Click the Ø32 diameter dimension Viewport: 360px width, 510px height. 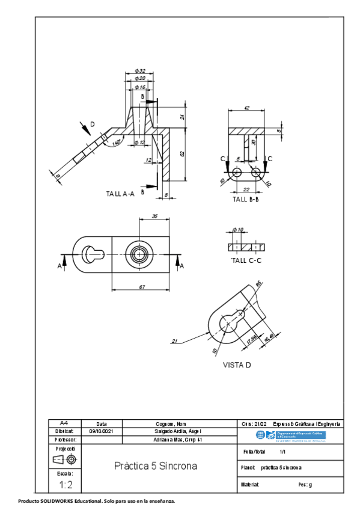tap(140, 71)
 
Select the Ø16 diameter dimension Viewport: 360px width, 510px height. tap(140, 87)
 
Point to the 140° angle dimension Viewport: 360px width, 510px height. tap(116, 142)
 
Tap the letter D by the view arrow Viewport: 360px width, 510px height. tap(92, 124)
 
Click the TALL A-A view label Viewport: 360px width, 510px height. tap(120, 194)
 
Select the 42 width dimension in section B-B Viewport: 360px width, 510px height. tap(247, 108)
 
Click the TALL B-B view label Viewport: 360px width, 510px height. tap(245, 199)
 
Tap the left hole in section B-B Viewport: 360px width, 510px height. tap(237, 173)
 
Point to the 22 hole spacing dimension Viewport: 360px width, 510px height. tap(246, 189)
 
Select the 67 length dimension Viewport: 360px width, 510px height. tap(142, 287)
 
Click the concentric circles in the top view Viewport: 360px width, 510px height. tap(140, 254)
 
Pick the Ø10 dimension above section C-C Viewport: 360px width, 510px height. tap(238, 230)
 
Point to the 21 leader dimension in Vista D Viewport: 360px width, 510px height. tap(175, 342)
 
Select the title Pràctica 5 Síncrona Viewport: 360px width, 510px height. tap(156, 466)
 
